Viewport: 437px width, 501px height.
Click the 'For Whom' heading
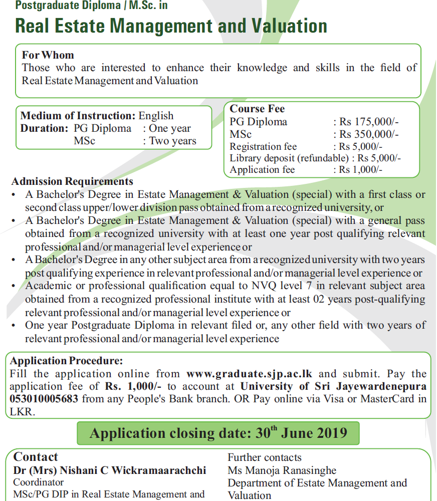(x=48, y=55)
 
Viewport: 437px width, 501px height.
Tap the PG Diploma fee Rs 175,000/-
(x=369, y=122)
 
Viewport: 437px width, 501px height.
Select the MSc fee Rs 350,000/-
(x=369, y=134)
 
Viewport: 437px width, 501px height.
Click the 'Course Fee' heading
(x=257, y=109)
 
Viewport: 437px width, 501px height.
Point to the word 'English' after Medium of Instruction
(x=156, y=116)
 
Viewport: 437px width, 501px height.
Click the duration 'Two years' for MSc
(x=172, y=141)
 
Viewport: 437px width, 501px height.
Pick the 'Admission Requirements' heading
(x=72, y=181)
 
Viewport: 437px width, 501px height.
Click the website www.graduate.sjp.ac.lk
(x=249, y=374)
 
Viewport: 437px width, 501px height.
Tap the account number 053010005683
(x=44, y=399)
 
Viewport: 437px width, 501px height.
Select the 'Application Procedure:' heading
(x=66, y=361)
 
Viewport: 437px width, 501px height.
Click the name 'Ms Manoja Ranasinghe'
(x=282, y=470)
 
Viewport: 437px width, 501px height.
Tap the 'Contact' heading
(x=36, y=457)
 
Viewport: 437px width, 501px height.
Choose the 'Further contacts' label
(x=265, y=457)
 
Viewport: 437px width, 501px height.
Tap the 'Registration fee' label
(x=263, y=147)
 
